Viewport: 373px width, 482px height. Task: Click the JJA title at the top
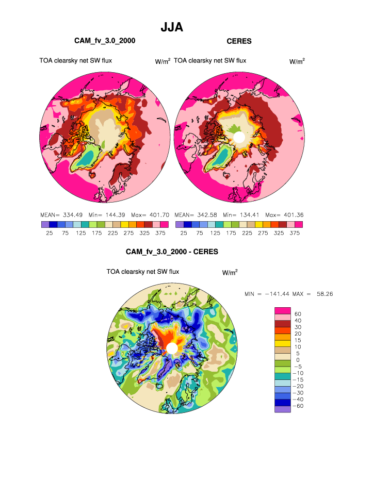click(x=172, y=27)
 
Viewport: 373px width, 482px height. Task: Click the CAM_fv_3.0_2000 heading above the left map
click(x=105, y=41)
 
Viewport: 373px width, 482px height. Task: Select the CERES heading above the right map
click(x=239, y=41)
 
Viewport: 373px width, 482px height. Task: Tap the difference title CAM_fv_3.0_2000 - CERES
click(x=172, y=252)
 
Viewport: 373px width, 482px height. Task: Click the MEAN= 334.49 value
click(x=60, y=214)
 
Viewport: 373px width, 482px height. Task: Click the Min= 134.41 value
click(x=240, y=214)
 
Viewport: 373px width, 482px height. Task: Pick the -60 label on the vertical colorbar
click(x=298, y=406)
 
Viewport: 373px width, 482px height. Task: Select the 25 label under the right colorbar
click(x=184, y=233)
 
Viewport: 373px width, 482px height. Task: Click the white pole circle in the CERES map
click(x=238, y=137)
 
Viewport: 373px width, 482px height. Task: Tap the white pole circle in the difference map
click(x=172, y=348)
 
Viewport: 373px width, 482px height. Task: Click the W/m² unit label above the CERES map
click(x=297, y=61)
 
